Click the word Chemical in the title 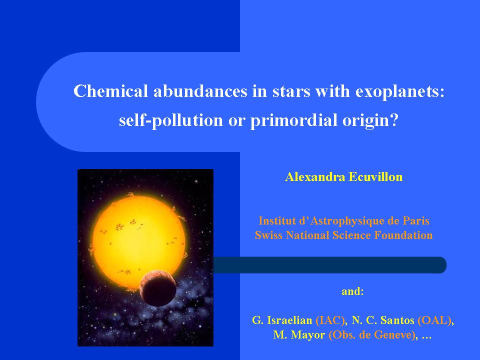111,91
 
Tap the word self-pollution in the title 171,120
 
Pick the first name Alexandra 314,177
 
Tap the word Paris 415,220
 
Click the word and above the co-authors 352,291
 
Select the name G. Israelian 282,320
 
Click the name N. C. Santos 382,320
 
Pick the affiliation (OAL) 434,320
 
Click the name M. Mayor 299,334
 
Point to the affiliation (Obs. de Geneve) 372,335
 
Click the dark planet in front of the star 157,288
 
